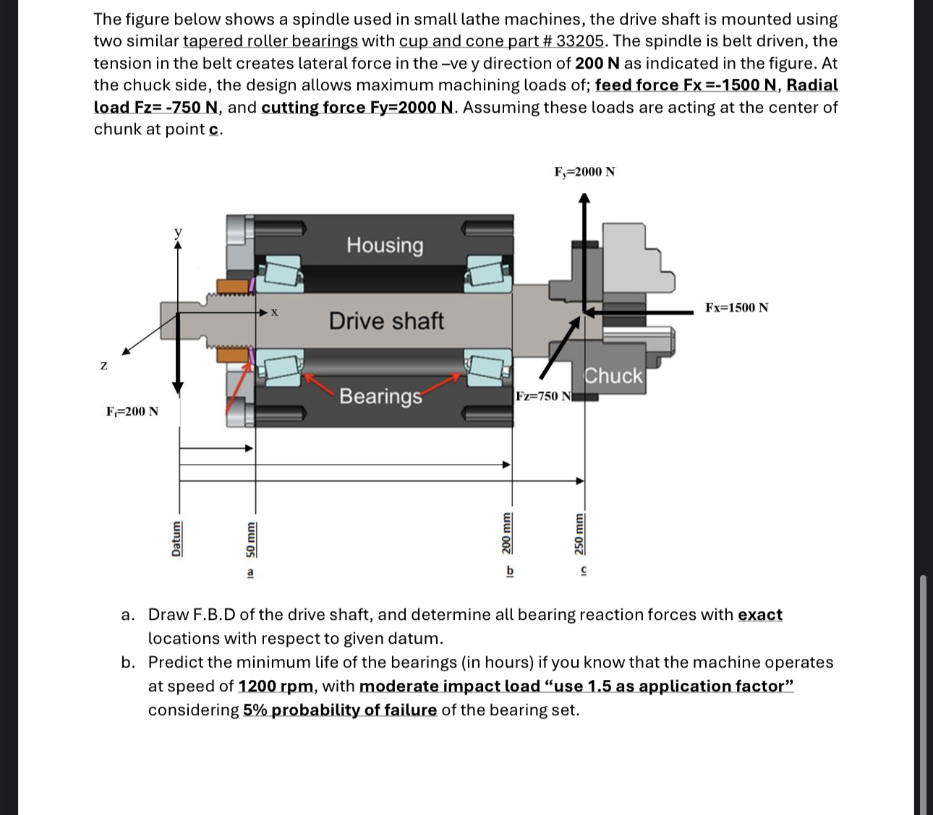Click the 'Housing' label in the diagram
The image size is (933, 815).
[x=385, y=245]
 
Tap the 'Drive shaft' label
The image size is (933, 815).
[x=386, y=321]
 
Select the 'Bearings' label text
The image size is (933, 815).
[x=380, y=396]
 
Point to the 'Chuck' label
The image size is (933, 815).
[x=613, y=376]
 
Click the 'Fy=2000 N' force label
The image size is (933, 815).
[x=584, y=171]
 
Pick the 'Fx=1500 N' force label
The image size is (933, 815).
[x=737, y=308]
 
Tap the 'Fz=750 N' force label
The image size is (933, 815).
[x=543, y=396]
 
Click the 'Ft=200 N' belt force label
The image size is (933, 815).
[x=132, y=412]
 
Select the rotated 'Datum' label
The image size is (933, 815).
[x=176, y=539]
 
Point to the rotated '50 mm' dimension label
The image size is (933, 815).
[x=250, y=539]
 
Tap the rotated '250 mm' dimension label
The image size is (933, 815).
[x=579, y=534]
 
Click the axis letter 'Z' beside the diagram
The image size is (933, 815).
[x=103, y=366]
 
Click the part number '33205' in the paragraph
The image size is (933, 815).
[x=579, y=41]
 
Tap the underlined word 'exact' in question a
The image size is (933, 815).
[x=759, y=615]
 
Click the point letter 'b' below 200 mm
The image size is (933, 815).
[x=509, y=571]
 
